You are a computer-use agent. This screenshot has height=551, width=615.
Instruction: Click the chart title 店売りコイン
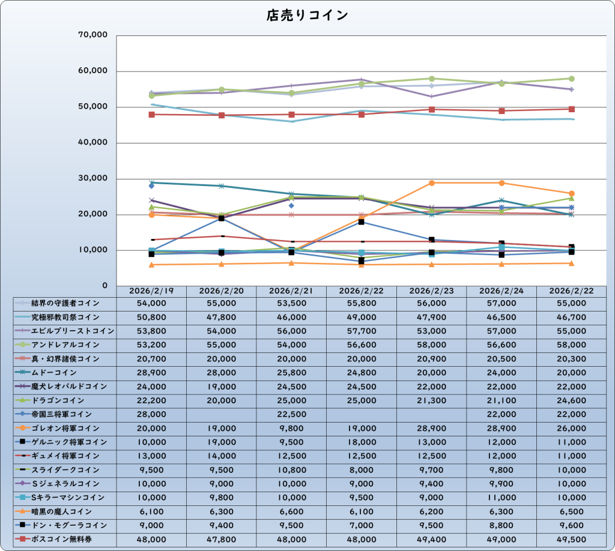coord(307,16)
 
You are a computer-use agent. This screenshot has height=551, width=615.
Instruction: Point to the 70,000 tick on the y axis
coord(93,35)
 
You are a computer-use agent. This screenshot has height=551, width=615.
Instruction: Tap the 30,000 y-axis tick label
coord(93,179)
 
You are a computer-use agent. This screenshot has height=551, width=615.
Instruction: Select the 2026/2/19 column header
coord(151,291)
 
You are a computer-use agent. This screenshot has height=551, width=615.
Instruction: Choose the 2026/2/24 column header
coord(502,291)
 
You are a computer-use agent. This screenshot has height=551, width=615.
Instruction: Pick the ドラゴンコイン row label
coord(59,400)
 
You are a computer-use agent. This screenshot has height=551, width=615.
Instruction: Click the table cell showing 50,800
coord(151,317)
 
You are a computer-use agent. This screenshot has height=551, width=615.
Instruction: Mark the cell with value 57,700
coord(362,331)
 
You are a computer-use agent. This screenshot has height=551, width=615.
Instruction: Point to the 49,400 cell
coord(432,539)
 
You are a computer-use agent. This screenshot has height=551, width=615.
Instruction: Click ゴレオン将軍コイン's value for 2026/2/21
coord(291,429)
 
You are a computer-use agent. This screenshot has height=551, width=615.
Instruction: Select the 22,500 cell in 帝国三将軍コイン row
coord(291,414)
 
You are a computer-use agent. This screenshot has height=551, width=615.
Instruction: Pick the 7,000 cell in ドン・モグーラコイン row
coord(362,525)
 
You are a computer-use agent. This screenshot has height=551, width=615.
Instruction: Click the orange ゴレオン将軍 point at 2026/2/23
coord(432,182)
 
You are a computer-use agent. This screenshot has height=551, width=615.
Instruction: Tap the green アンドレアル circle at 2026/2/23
coord(432,79)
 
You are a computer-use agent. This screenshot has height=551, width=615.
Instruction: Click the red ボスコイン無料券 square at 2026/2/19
coord(151,114)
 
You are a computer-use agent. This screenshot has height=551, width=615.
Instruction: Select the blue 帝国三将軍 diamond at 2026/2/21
coord(291,205)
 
